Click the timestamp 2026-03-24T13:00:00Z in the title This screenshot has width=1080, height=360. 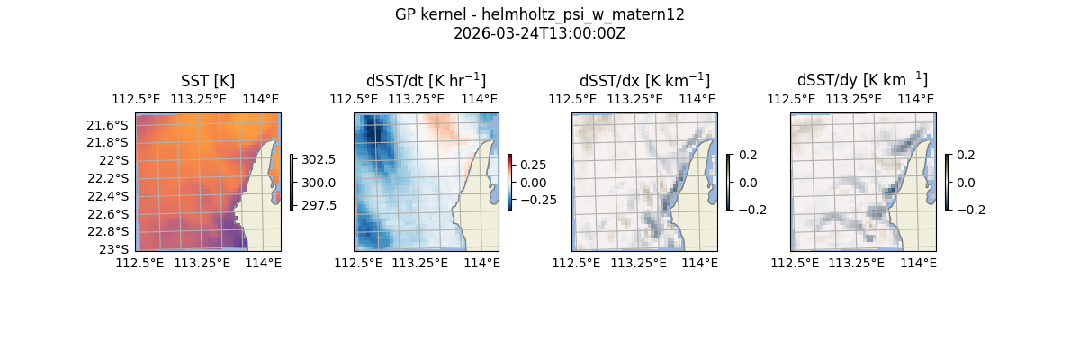tap(539, 33)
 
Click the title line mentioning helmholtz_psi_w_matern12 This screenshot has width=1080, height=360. tap(539, 14)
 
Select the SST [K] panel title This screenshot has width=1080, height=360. tap(208, 81)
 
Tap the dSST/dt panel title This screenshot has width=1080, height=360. tap(426, 80)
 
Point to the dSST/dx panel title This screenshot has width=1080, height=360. tap(644, 80)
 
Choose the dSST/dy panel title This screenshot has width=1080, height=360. tap(862, 80)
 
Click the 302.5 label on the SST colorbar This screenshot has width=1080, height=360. tap(319, 159)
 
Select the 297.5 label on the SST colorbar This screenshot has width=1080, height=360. tap(319, 205)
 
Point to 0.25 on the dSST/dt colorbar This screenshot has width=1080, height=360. tap(534, 165)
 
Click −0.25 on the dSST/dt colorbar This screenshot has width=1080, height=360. tap(530, 200)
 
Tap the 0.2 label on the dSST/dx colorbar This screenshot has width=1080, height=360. tap(748, 155)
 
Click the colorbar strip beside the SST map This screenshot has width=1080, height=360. tap(292, 182)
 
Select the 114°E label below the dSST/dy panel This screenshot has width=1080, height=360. tap(918, 263)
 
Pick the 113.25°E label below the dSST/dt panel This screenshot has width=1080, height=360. tap(420, 263)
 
